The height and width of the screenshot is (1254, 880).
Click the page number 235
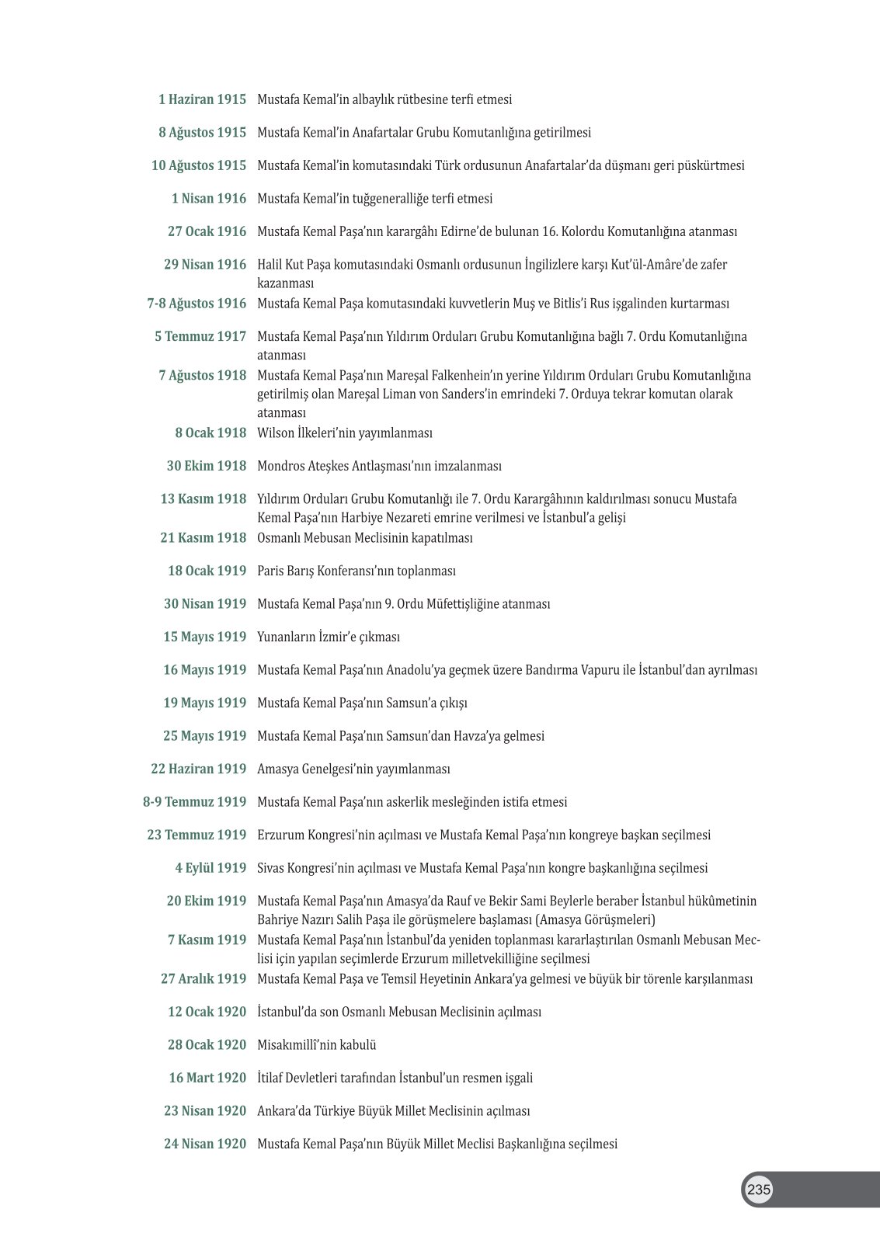pos(759,1190)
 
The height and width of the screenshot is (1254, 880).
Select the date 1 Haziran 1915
pos(202,99)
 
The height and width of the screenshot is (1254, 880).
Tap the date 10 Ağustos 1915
pos(198,165)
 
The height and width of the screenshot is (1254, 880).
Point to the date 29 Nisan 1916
pos(204,265)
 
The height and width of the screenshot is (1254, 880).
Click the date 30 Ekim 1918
pos(206,466)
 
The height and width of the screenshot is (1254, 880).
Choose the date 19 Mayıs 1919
pos(204,703)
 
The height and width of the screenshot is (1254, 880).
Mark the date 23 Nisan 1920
pos(204,1111)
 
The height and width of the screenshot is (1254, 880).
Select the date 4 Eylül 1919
pos(210,868)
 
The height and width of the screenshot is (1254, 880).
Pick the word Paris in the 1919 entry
pos(270,571)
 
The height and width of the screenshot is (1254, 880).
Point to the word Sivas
pos(271,868)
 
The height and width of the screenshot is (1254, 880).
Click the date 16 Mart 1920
pos(207,1078)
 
